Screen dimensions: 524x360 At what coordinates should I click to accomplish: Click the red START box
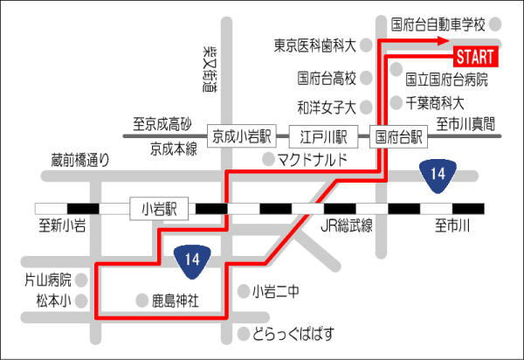[476, 57]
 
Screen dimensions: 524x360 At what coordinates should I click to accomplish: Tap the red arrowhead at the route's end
[443, 41]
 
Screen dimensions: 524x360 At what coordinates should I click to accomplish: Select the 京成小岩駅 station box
[242, 136]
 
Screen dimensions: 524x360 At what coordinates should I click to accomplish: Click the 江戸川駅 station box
[323, 136]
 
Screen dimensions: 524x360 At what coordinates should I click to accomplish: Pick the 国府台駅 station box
[398, 136]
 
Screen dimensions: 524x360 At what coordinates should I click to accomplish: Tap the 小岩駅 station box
[159, 209]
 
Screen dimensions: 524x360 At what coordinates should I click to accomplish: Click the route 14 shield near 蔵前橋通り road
[438, 176]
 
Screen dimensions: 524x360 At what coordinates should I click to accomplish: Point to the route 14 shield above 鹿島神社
[192, 261]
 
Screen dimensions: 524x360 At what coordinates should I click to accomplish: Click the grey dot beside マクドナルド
[269, 159]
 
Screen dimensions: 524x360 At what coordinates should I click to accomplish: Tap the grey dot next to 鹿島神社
[142, 301]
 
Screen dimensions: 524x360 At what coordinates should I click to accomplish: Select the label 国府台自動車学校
[438, 24]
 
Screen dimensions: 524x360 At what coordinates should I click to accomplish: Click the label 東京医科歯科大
[314, 45]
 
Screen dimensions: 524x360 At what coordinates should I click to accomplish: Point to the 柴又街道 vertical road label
[210, 69]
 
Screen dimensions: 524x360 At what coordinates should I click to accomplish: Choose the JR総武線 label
[347, 225]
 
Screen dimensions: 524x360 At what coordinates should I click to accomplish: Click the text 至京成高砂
[162, 124]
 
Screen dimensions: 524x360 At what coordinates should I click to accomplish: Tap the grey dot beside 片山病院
[81, 280]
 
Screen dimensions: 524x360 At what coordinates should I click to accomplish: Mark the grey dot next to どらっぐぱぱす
[244, 334]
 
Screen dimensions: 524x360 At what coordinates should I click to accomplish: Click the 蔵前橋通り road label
[80, 160]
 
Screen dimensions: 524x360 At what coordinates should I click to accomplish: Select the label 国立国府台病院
[446, 80]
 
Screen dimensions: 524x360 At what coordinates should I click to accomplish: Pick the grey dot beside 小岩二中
[244, 291]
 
